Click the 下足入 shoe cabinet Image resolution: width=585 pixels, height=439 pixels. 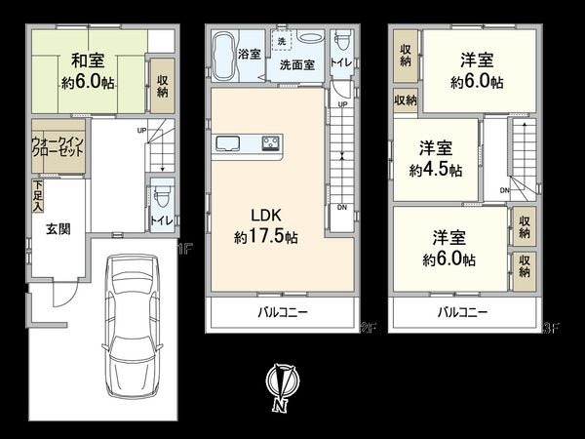[x=37, y=196]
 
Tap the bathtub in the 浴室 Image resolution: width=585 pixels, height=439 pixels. [x=223, y=47]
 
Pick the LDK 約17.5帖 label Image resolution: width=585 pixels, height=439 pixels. [x=265, y=226]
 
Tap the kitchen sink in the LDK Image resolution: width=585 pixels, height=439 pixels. [x=231, y=144]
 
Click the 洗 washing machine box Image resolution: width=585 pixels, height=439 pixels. [x=281, y=43]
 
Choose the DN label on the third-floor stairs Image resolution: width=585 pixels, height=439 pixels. [x=504, y=190]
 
